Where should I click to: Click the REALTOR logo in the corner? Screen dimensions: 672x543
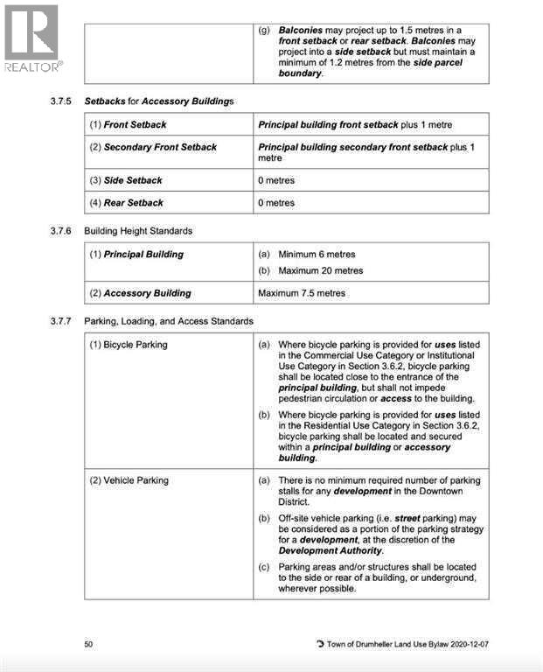(x=31, y=38)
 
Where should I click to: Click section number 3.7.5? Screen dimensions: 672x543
(x=62, y=102)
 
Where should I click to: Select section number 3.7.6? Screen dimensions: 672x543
(x=62, y=231)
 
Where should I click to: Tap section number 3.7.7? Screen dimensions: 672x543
(x=62, y=321)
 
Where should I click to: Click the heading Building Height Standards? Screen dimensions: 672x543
(x=138, y=231)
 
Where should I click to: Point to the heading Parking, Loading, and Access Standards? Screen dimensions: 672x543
(x=169, y=321)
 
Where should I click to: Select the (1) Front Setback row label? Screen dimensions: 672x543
(x=128, y=125)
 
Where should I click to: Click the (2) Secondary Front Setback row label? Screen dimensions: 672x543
(x=153, y=147)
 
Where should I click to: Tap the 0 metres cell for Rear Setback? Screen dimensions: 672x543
(x=276, y=203)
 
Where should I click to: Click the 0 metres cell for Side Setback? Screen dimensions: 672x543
(x=276, y=180)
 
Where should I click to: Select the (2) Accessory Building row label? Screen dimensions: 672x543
(x=140, y=293)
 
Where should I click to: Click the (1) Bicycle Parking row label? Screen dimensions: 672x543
(x=129, y=345)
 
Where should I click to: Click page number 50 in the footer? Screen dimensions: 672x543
(x=88, y=644)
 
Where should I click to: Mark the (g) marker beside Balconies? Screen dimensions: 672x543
(x=264, y=30)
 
